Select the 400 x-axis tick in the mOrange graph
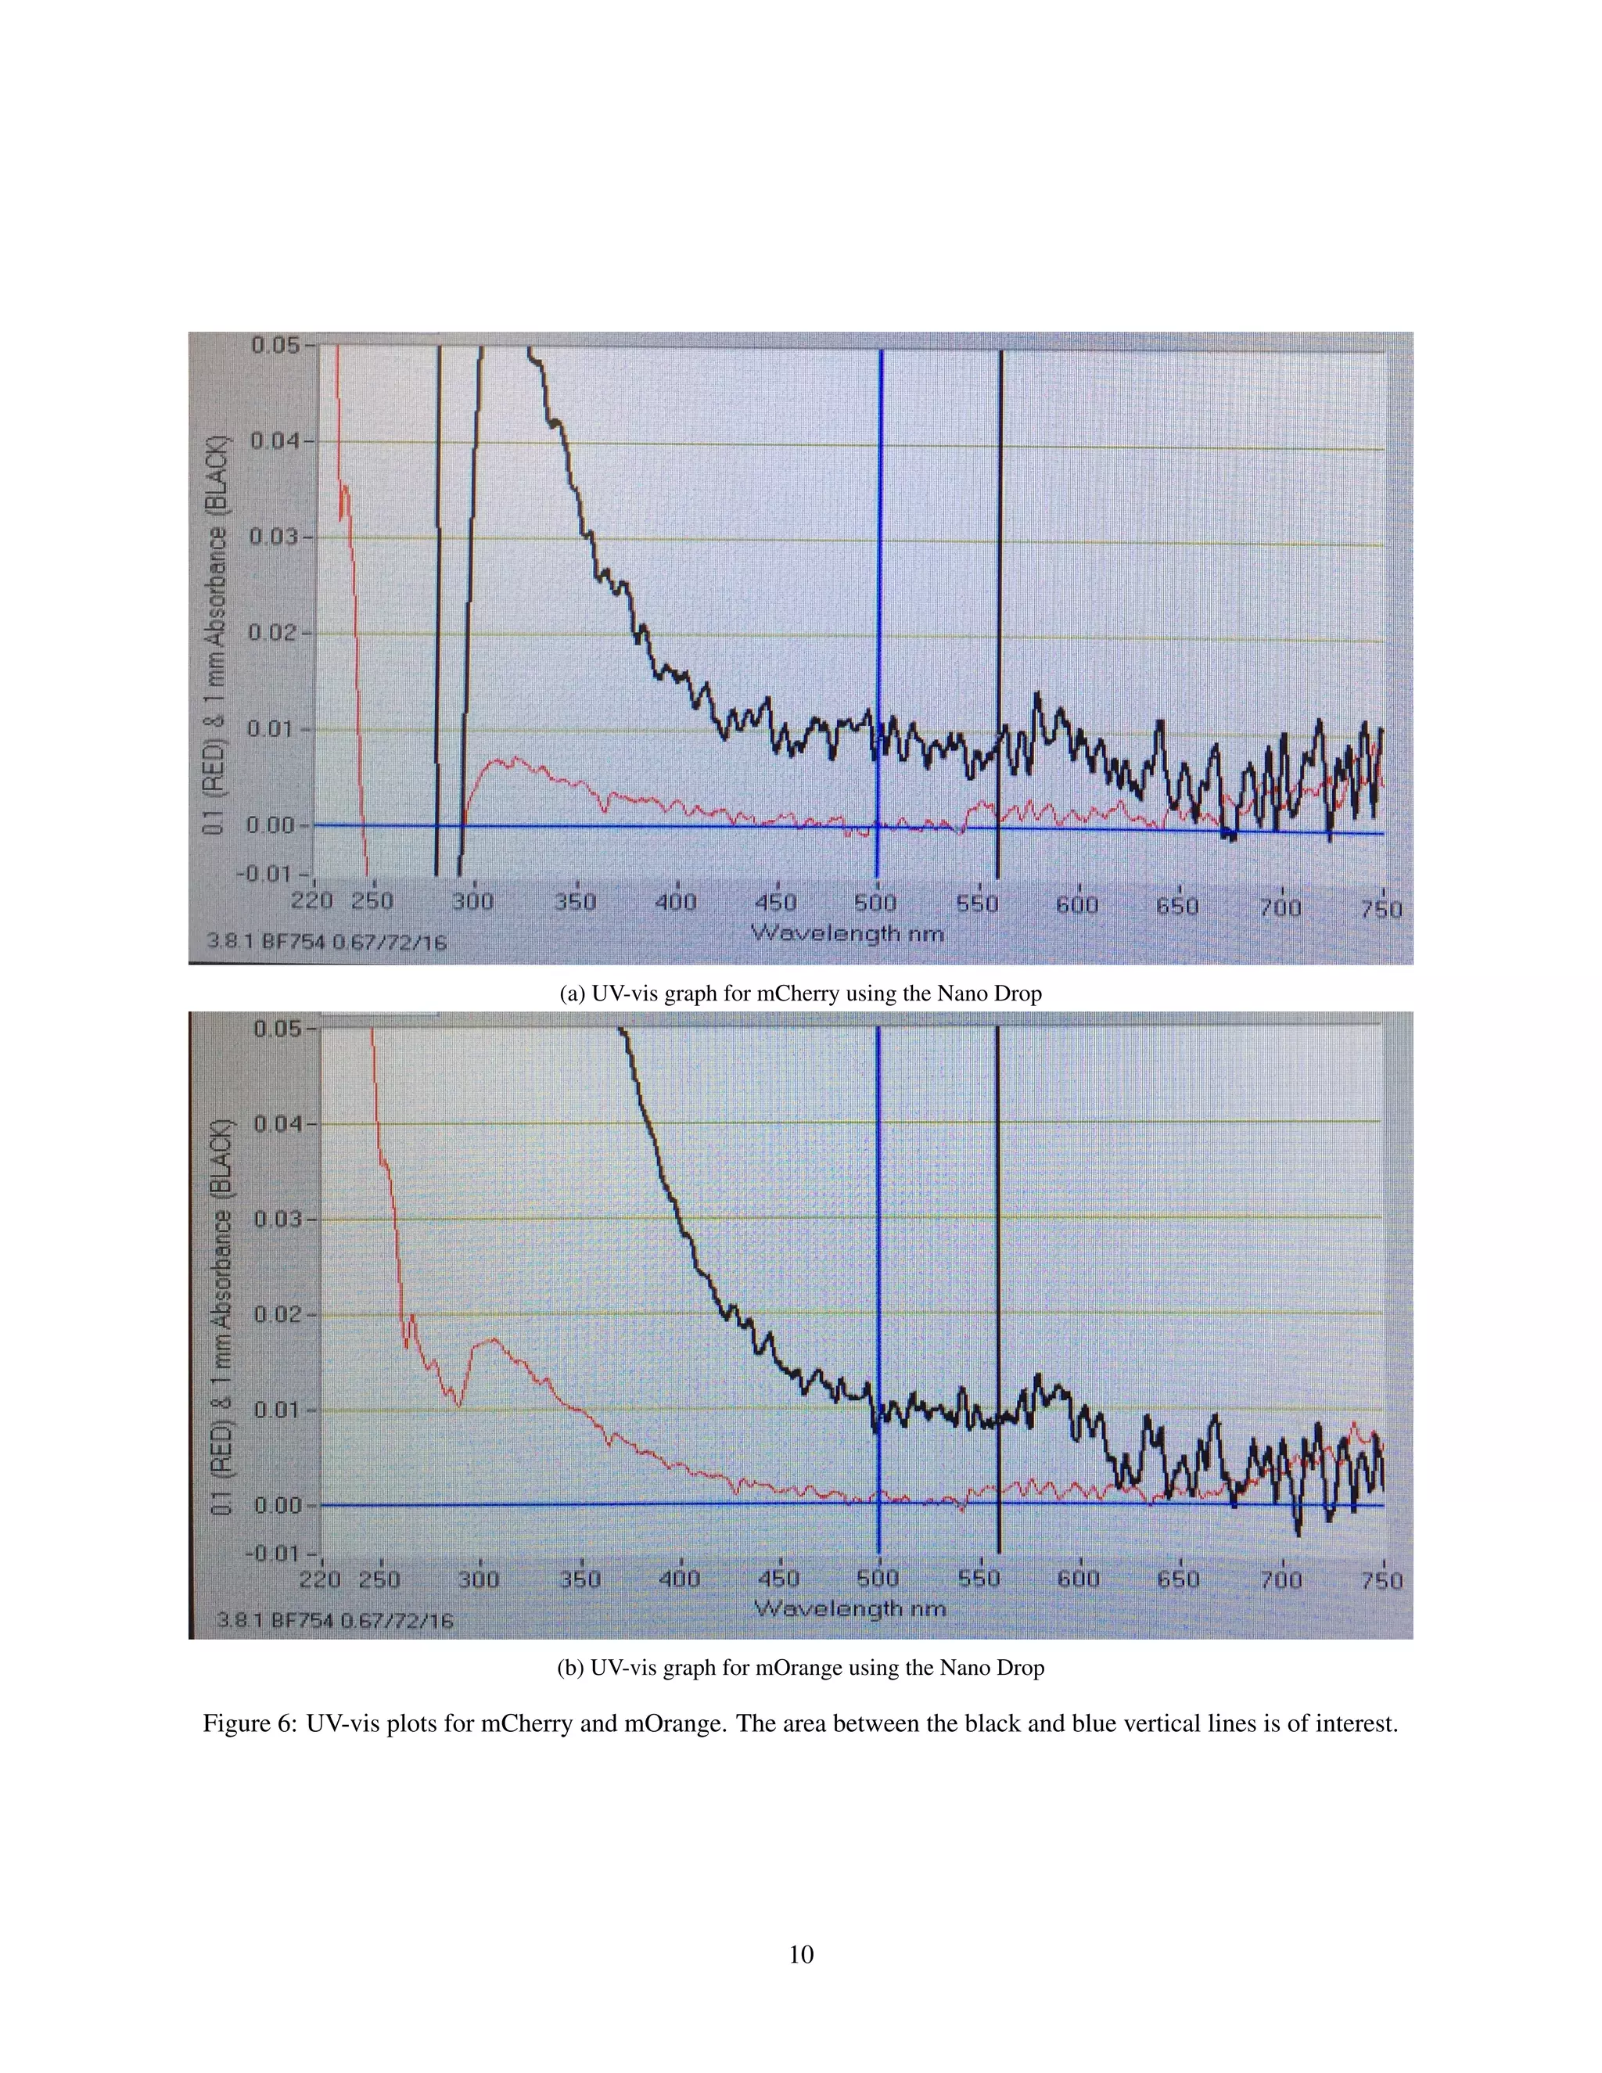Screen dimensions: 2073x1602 [x=680, y=1579]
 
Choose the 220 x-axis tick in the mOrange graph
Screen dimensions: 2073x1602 [x=320, y=1579]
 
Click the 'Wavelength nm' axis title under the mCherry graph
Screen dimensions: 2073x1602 [x=847, y=933]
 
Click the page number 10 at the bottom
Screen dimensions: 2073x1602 [x=801, y=1954]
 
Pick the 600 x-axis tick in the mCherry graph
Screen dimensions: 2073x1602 [x=1077, y=904]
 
